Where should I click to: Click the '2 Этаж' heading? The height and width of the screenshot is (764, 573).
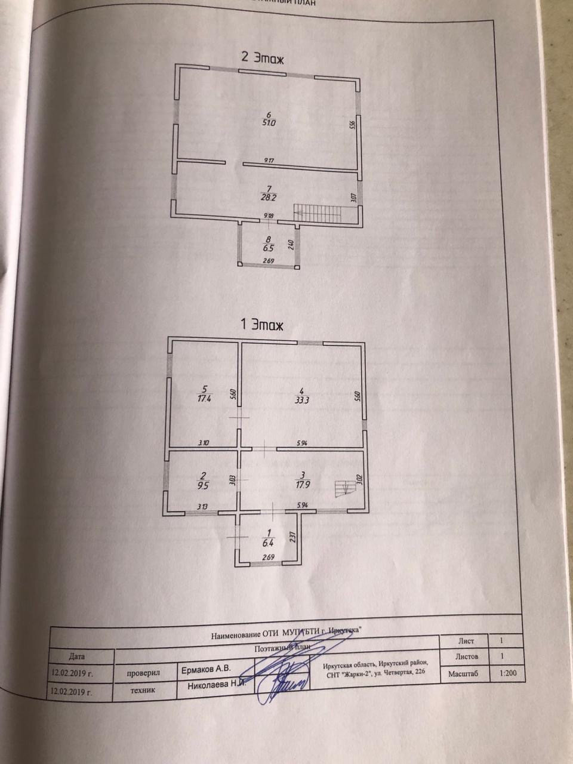coord(262,58)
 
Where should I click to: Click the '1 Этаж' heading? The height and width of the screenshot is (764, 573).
coord(261,325)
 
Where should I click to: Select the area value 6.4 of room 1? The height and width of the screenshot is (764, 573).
coord(268,543)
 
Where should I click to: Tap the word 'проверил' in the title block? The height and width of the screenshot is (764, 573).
coord(144,671)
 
